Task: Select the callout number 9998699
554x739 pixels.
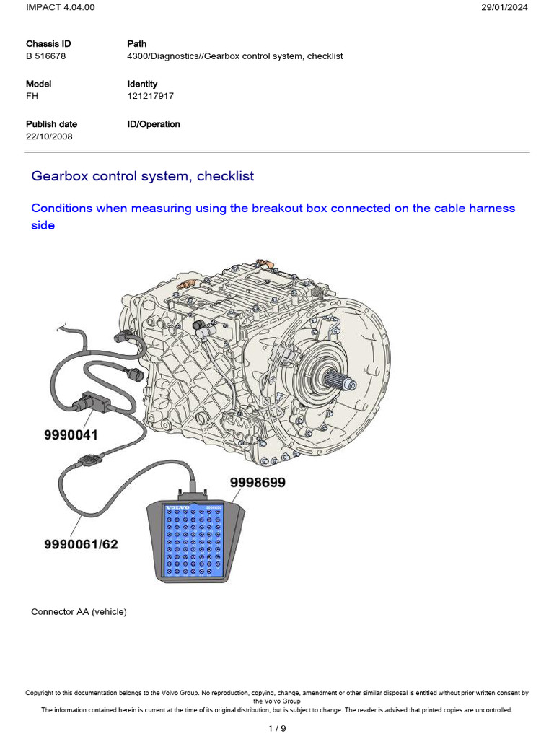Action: (x=258, y=483)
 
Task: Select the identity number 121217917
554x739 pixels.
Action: (x=150, y=96)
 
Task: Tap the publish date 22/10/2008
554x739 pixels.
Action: (x=49, y=136)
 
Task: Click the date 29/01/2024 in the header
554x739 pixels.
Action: (x=505, y=7)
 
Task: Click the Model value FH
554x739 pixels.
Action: (x=32, y=96)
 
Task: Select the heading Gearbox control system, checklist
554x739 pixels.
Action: (x=143, y=176)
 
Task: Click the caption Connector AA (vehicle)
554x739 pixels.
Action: (x=79, y=611)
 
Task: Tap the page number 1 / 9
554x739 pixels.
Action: (x=276, y=728)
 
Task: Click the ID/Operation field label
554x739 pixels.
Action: (x=154, y=124)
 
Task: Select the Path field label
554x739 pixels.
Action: (x=136, y=44)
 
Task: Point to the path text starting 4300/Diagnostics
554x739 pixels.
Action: (x=234, y=56)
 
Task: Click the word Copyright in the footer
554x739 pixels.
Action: (x=41, y=693)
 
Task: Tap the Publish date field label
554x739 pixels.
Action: (x=51, y=124)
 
